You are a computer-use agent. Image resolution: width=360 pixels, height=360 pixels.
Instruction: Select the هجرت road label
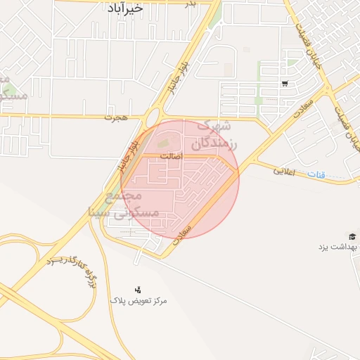coord(113,117)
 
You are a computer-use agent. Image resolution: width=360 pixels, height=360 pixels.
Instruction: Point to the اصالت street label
coord(170,155)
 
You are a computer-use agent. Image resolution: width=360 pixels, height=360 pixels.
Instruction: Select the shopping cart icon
coord(284,84)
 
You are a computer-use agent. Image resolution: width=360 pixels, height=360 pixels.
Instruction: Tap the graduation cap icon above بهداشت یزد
coord(352,236)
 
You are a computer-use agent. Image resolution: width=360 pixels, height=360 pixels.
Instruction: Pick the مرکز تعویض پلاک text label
coord(139,300)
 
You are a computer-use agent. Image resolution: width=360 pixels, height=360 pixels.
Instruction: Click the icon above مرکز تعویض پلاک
coord(138,289)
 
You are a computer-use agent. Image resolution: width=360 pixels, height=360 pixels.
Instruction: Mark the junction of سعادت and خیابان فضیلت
coord(326,90)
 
